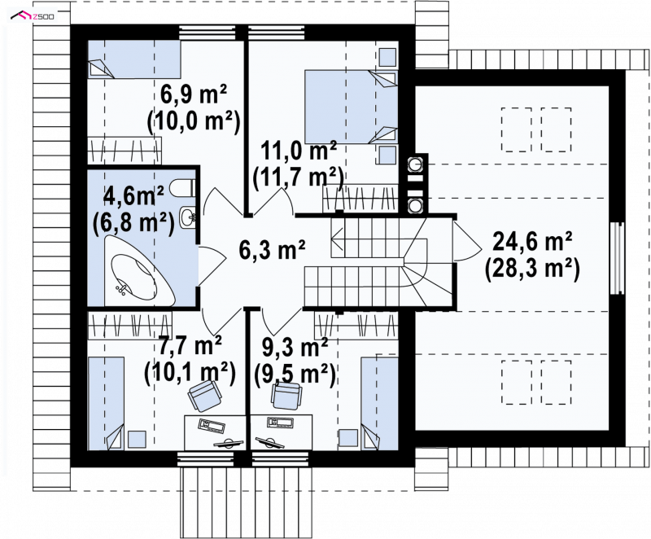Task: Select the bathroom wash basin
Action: (x=188, y=217)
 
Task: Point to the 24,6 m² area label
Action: (x=532, y=242)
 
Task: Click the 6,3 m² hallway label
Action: (x=273, y=250)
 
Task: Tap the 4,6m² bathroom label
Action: (x=133, y=195)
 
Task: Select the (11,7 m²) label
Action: (x=299, y=177)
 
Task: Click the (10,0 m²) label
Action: (x=194, y=121)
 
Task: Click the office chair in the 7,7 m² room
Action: (x=204, y=396)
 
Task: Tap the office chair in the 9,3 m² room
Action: (x=286, y=395)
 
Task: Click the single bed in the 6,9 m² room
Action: (x=134, y=59)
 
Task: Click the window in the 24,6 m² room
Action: (x=617, y=258)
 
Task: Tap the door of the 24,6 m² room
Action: (x=465, y=240)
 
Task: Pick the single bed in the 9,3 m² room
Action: (x=379, y=404)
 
